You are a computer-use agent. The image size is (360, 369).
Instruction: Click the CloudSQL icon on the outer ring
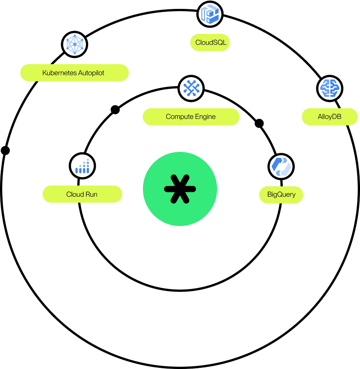[x=210, y=14]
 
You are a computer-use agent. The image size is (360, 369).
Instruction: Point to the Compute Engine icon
[x=191, y=89]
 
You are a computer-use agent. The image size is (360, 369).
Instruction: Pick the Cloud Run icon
[x=82, y=166]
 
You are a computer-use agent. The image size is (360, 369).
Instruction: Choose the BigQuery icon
[x=281, y=166]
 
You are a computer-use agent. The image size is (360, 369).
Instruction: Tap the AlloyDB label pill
[x=330, y=117]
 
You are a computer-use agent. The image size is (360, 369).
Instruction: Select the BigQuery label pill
[x=281, y=195]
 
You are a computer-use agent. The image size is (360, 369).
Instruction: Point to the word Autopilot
[x=91, y=73]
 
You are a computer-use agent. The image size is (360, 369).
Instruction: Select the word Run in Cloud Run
[x=91, y=194]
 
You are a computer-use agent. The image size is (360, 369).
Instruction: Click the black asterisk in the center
[x=180, y=189]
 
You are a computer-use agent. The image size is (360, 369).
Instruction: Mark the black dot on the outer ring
[x=5, y=150]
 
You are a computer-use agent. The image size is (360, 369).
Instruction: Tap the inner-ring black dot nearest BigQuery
[x=259, y=123]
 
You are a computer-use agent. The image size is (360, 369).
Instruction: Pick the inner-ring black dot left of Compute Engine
[x=115, y=110]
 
